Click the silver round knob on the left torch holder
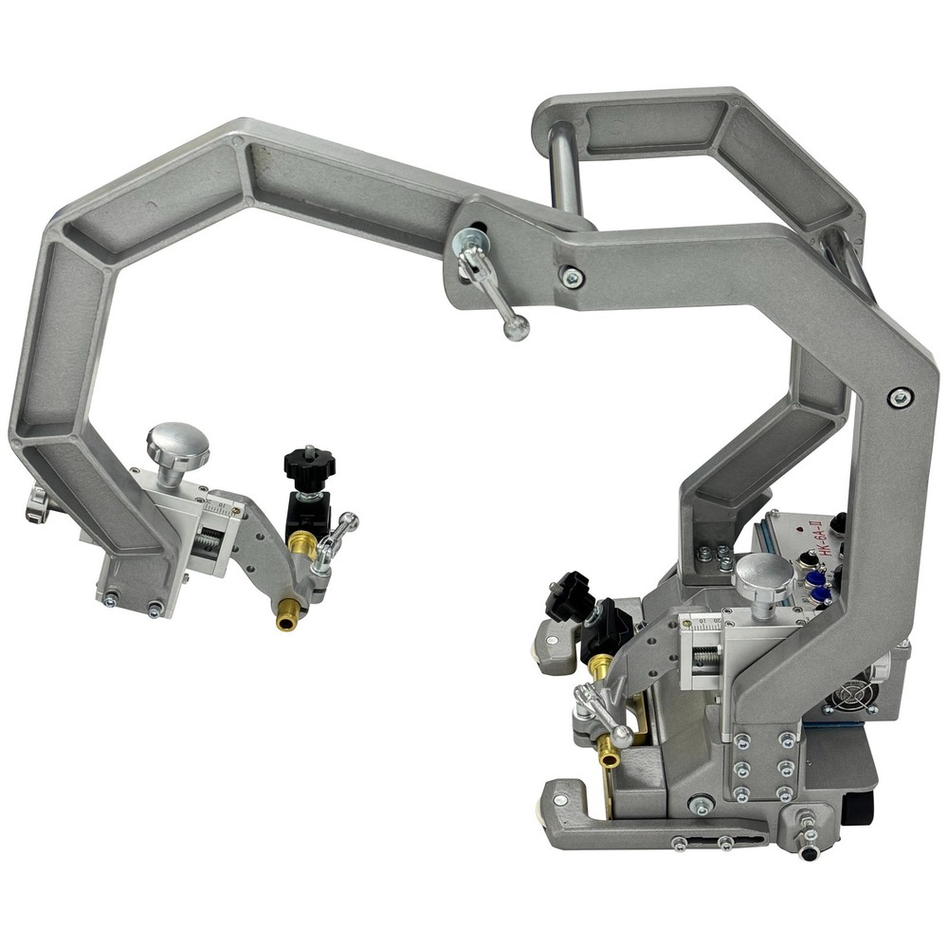coord(177,442)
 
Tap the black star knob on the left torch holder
coord(309,465)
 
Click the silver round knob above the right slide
coord(763,573)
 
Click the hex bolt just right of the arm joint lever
coord(571,277)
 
